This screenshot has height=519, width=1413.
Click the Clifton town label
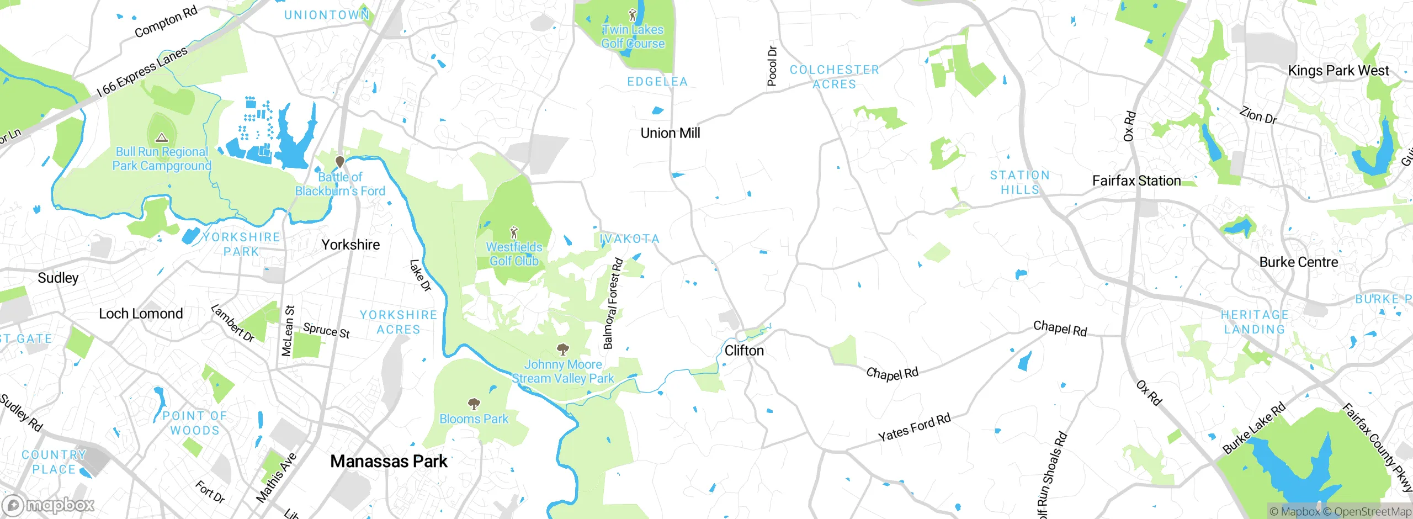[x=744, y=351]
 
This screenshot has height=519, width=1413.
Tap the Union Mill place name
[x=670, y=133]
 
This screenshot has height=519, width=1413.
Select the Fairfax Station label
[x=1136, y=181]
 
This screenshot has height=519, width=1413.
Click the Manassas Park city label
[x=389, y=461]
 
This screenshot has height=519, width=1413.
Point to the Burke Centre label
[x=1298, y=262]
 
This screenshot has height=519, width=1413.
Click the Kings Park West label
[x=1338, y=71]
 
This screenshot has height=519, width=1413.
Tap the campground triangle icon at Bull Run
[x=161, y=137]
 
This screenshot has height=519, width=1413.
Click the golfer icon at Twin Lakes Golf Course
[x=633, y=14]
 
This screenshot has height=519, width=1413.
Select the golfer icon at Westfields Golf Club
[x=514, y=232]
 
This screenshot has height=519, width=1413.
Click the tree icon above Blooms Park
[x=474, y=404]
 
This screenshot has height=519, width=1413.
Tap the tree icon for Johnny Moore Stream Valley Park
[x=562, y=349]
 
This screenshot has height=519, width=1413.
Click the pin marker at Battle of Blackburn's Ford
[x=340, y=162]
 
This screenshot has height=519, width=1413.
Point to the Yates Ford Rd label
[x=914, y=427]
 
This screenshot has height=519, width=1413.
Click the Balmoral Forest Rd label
[x=613, y=304]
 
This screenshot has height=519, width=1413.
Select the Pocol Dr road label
[x=772, y=66]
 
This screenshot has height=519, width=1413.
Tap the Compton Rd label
[x=166, y=23]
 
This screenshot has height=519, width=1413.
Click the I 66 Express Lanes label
[x=142, y=72]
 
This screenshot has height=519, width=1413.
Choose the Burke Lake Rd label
[x=1254, y=428]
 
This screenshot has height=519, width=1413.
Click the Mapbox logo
[x=49, y=505]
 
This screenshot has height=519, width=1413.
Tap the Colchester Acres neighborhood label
[x=834, y=77]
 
